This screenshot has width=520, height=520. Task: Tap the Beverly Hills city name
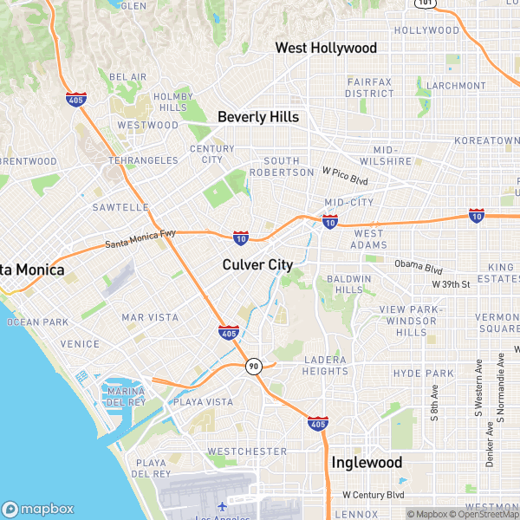(x=258, y=117)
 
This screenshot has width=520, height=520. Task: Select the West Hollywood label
(x=326, y=48)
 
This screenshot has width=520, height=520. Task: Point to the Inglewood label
(x=367, y=462)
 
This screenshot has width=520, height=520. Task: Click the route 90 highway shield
(x=253, y=367)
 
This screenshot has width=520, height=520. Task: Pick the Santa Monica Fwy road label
(x=134, y=240)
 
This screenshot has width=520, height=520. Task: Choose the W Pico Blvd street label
(x=346, y=177)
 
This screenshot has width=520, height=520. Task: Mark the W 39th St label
(x=451, y=284)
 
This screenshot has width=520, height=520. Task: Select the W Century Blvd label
(x=374, y=495)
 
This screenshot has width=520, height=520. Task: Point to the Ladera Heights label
(x=325, y=365)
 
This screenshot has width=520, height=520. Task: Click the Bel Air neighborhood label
(x=128, y=77)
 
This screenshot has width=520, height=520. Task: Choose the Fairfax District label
(x=370, y=87)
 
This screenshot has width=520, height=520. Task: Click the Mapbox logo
(x=38, y=509)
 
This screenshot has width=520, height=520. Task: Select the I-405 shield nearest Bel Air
(x=75, y=100)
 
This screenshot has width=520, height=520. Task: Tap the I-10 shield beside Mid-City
(x=329, y=223)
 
